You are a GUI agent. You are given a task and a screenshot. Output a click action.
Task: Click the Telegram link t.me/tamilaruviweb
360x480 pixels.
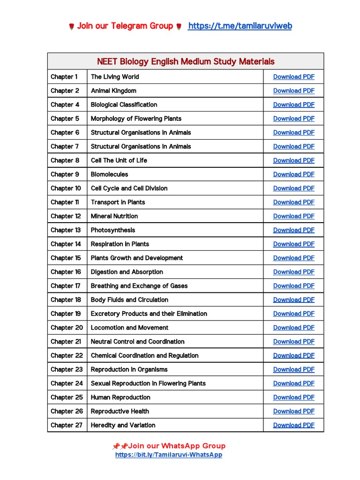click(x=240, y=26)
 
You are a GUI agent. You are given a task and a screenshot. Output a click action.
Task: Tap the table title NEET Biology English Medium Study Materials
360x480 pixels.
click(x=186, y=61)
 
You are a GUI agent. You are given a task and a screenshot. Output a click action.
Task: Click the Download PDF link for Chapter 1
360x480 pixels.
click(x=293, y=77)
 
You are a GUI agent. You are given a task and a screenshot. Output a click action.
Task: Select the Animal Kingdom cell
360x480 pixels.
click(x=113, y=91)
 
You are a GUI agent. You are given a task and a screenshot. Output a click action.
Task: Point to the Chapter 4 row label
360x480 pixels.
click(x=65, y=105)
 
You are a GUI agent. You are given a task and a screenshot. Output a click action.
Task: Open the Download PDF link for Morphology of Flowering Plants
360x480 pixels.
click(x=293, y=119)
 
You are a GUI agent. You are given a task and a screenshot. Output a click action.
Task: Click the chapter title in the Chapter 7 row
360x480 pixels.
click(x=141, y=146)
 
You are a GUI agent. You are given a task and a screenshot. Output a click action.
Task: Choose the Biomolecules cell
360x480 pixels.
click(x=109, y=174)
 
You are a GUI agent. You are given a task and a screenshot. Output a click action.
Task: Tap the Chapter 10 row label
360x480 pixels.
click(x=66, y=188)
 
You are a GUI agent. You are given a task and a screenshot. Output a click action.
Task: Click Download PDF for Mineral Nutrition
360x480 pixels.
click(x=293, y=216)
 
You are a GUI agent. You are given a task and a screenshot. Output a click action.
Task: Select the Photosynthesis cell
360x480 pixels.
click(x=112, y=230)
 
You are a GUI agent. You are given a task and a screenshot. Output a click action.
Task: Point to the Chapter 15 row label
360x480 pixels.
click(x=66, y=258)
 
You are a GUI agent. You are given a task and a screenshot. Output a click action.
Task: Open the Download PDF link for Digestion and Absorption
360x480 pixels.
click(x=293, y=272)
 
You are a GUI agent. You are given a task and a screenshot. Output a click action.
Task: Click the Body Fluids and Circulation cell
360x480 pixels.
click(x=129, y=300)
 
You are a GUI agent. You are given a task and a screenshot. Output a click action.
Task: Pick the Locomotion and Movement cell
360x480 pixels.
click(x=129, y=328)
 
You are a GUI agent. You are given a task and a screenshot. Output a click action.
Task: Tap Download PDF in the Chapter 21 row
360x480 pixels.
click(x=293, y=342)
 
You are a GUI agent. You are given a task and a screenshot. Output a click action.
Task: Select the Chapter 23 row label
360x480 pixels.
click(x=67, y=369)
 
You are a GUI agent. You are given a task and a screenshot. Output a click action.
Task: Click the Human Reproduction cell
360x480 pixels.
click(x=120, y=397)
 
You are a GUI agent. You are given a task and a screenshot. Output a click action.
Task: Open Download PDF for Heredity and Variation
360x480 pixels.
click(x=293, y=425)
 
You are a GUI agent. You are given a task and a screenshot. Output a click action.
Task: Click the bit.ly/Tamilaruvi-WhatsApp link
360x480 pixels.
click(x=169, y=455)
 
